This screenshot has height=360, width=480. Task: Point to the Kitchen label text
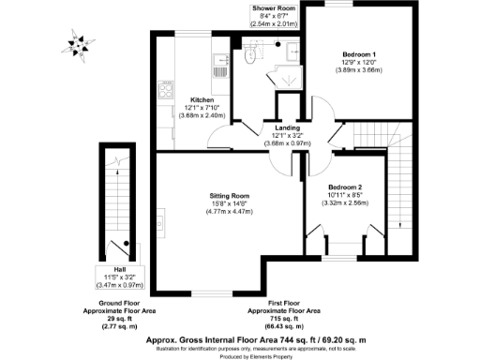pos(202,100)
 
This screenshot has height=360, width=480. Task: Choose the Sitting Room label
pos(229,196)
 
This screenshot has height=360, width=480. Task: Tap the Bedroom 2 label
pos(347,186)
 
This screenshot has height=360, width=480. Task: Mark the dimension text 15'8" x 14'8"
pos(229,204)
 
